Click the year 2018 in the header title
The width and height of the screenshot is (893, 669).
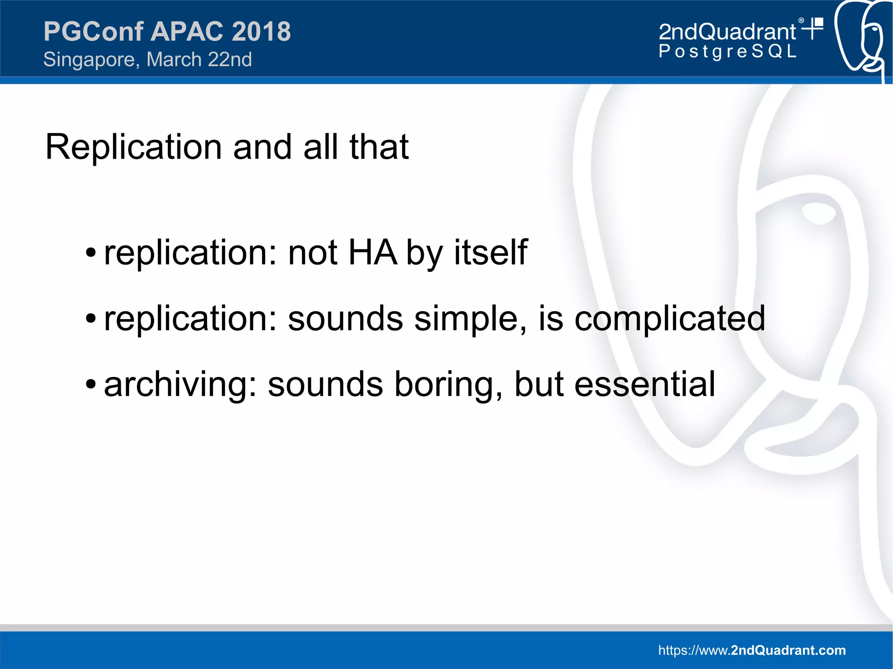click(261, 32)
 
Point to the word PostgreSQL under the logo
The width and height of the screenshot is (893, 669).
click(727, 51)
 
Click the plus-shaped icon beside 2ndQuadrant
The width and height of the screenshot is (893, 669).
click(813, 28)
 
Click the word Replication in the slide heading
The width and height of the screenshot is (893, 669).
click(133, 147)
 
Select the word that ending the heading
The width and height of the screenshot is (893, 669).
click(378, 147)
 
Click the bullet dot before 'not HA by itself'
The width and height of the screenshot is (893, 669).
click(90, 253)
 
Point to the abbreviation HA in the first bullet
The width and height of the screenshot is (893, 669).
click(373, 253)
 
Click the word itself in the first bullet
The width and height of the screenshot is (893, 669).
click(491, 253)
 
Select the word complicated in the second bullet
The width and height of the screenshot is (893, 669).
click(669, 319)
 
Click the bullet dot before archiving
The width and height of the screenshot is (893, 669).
click(90, 385)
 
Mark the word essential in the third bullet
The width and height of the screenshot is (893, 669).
click(644, 385)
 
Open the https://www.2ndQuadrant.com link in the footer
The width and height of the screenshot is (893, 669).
click(752, 650)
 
